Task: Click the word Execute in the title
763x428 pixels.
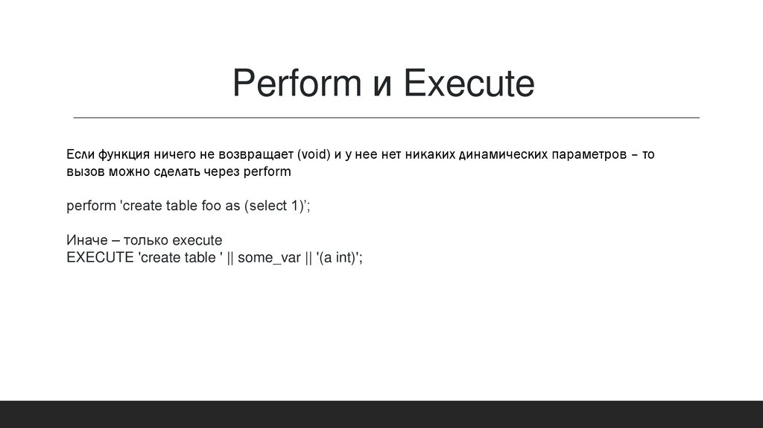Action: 469,85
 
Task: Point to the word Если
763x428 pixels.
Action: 80,154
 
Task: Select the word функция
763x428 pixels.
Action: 125,155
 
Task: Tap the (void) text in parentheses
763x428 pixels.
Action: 313,155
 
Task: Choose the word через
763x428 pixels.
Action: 224,171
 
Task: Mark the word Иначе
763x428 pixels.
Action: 85,241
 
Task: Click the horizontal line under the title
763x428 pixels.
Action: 387,118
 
